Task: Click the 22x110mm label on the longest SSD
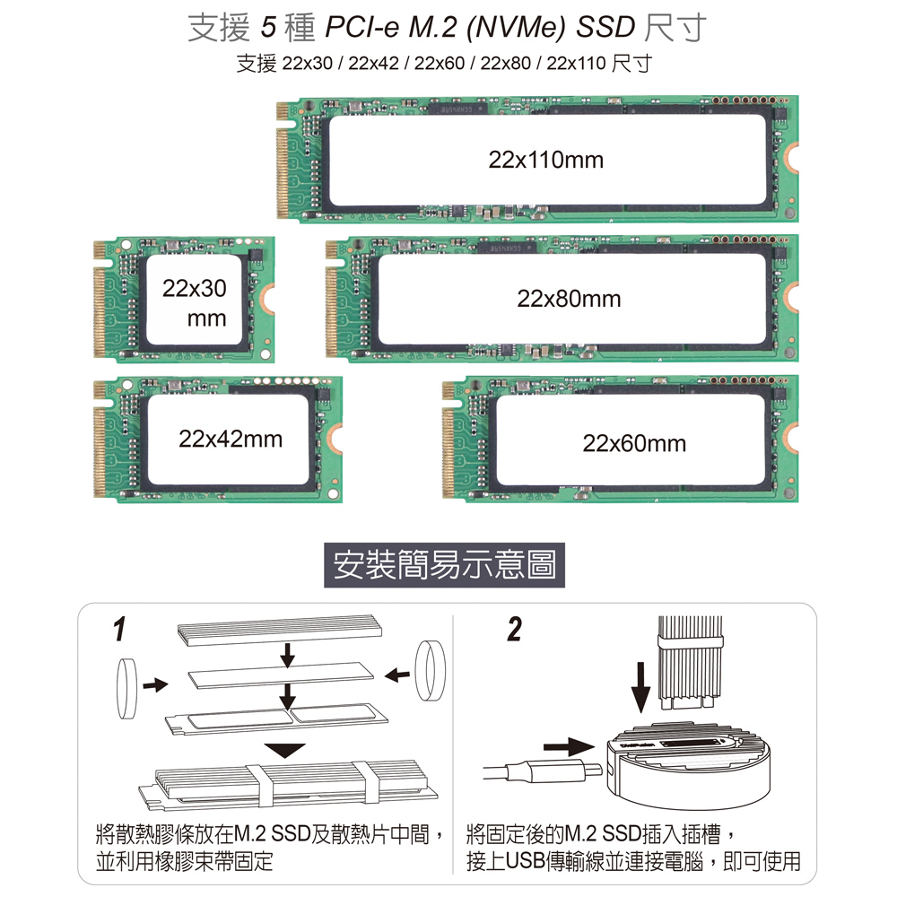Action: [546, 161]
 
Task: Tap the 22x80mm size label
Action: [569, 300]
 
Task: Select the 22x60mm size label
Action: [633, 443]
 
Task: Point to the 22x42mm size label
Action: [231, 440]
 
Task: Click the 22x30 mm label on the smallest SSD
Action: [194, 303]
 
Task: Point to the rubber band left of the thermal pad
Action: [126, 688]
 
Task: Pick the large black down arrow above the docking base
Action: [640, 685]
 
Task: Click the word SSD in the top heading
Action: [605, 29]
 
